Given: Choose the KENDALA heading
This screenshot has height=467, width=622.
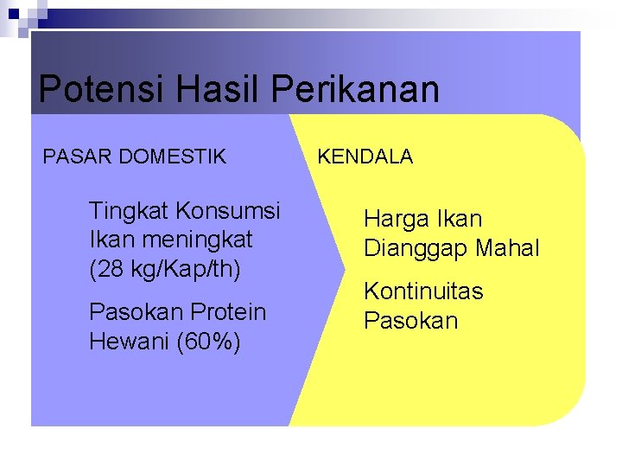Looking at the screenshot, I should pos(365,157).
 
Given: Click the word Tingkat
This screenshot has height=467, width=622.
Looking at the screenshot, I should pos(129,210).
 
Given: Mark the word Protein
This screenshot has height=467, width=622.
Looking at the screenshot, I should pos(227,311).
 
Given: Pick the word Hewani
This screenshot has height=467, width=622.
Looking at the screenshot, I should pos(129,341).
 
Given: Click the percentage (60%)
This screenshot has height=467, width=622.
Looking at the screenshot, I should pos(208,341).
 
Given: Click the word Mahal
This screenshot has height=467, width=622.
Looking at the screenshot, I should pos(510,249).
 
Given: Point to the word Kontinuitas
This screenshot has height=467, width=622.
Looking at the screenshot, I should pos(423,291).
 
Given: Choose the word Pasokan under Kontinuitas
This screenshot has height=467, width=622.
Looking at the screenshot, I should pos(411,321).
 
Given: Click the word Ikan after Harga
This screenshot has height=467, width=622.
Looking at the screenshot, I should pos(460,220).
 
